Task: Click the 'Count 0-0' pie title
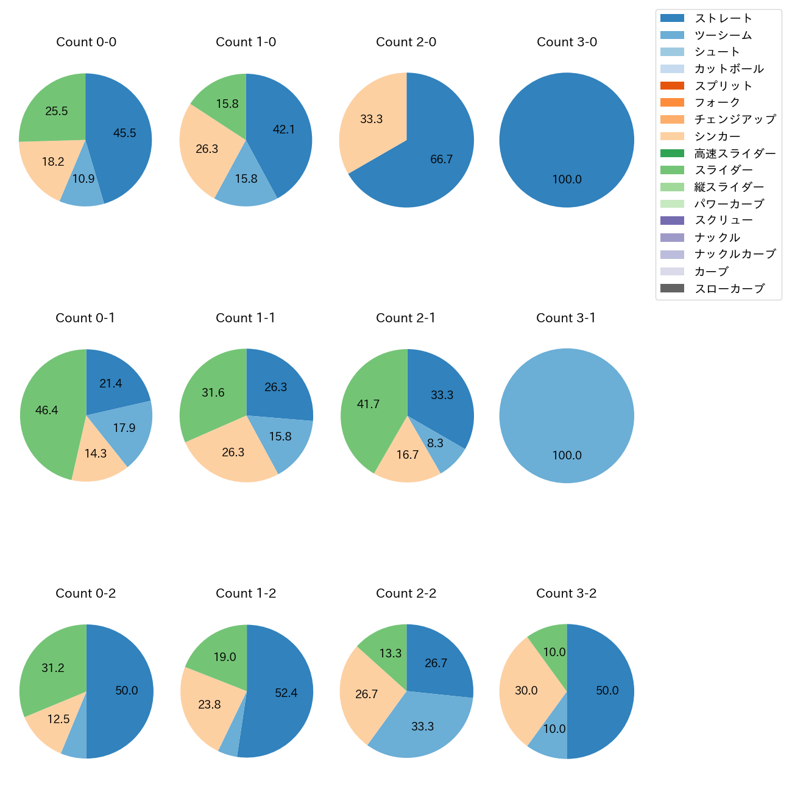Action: (x=86, y=42)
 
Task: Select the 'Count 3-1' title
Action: (x=566, y=318)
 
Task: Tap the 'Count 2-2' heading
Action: (x=406, y=593)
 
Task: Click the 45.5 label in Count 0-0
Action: (x=124, y=133)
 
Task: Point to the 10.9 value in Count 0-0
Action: (x=83, y=179)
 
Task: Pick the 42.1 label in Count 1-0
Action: (x=284, y=129)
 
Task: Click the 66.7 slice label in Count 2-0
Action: (x=441, y=160)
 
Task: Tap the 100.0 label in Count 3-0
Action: (x=567, y=180)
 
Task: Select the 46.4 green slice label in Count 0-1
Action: (x=46, y=411)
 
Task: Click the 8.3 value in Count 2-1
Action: (x=435, y=444)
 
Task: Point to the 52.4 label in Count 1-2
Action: (x=286, y=693)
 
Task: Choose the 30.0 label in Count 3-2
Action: (x=526, y=691)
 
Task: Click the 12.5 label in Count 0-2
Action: (x=58, y=720)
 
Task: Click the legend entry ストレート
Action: (x=723, y=18)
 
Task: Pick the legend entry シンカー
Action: (x=717, y=136)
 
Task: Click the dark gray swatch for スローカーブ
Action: (x=672, y=289)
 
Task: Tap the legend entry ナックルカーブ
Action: (x=735, y=255)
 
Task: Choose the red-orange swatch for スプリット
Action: (x=672, y=86)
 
